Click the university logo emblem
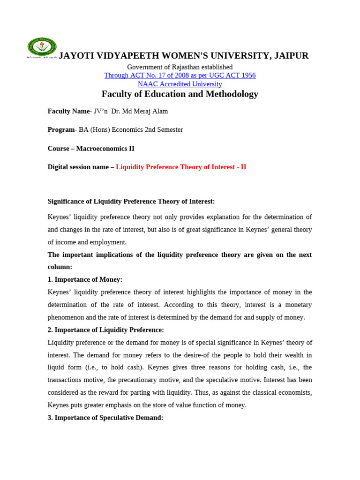(42, 47)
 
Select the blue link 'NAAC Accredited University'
(180, 84)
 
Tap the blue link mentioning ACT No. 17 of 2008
(180, 75)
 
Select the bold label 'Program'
(61, 130)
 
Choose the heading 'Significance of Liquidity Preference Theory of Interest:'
(131, 202)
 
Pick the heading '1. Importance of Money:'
(85, 279)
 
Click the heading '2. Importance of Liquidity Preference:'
(106, 330)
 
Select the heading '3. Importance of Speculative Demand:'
(105, 418)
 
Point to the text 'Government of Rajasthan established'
(180, 67)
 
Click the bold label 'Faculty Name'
(68, 111)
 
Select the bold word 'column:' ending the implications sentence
(60, 267)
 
